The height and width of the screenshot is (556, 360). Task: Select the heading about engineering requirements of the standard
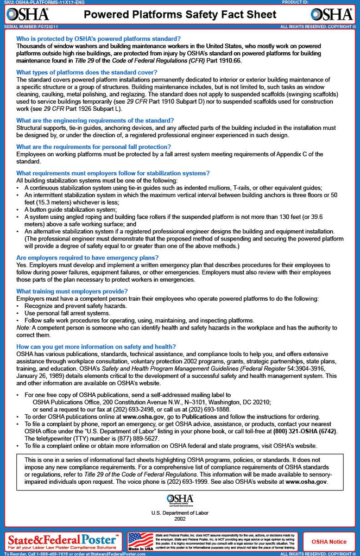(x=95, y=121)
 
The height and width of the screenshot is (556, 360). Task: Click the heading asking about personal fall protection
(x=93, y=147)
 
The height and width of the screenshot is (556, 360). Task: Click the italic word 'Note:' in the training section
(x=23, y=328)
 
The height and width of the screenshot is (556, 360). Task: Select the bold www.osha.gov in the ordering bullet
(x=143, y=416)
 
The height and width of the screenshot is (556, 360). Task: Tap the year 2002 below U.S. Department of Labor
(x=180, y=519)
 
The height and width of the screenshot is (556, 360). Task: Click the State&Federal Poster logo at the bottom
(x=64, y=541)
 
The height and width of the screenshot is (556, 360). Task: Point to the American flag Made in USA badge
(x=141, y=541)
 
